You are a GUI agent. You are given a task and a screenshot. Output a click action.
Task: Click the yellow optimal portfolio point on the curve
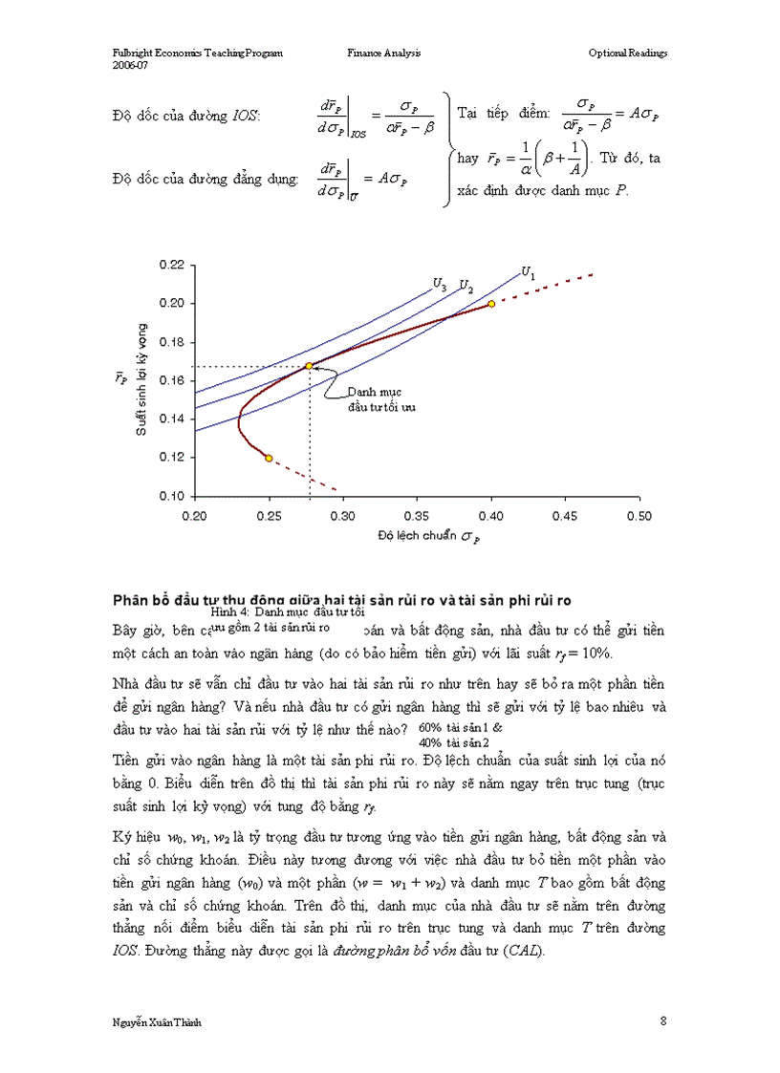pos(309,366)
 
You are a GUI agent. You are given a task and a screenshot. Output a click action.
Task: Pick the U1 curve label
pos(528,273)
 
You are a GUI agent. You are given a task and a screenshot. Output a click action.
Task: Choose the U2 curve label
pos(466,286)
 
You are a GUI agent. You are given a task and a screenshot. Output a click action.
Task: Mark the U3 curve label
pos(440,284)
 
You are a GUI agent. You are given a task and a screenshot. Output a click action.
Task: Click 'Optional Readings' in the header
pos(627,54)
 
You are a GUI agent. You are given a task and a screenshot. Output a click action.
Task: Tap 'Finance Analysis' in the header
pos(383,54)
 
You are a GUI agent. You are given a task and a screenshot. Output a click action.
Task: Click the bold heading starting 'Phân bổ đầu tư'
pos(341,600)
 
